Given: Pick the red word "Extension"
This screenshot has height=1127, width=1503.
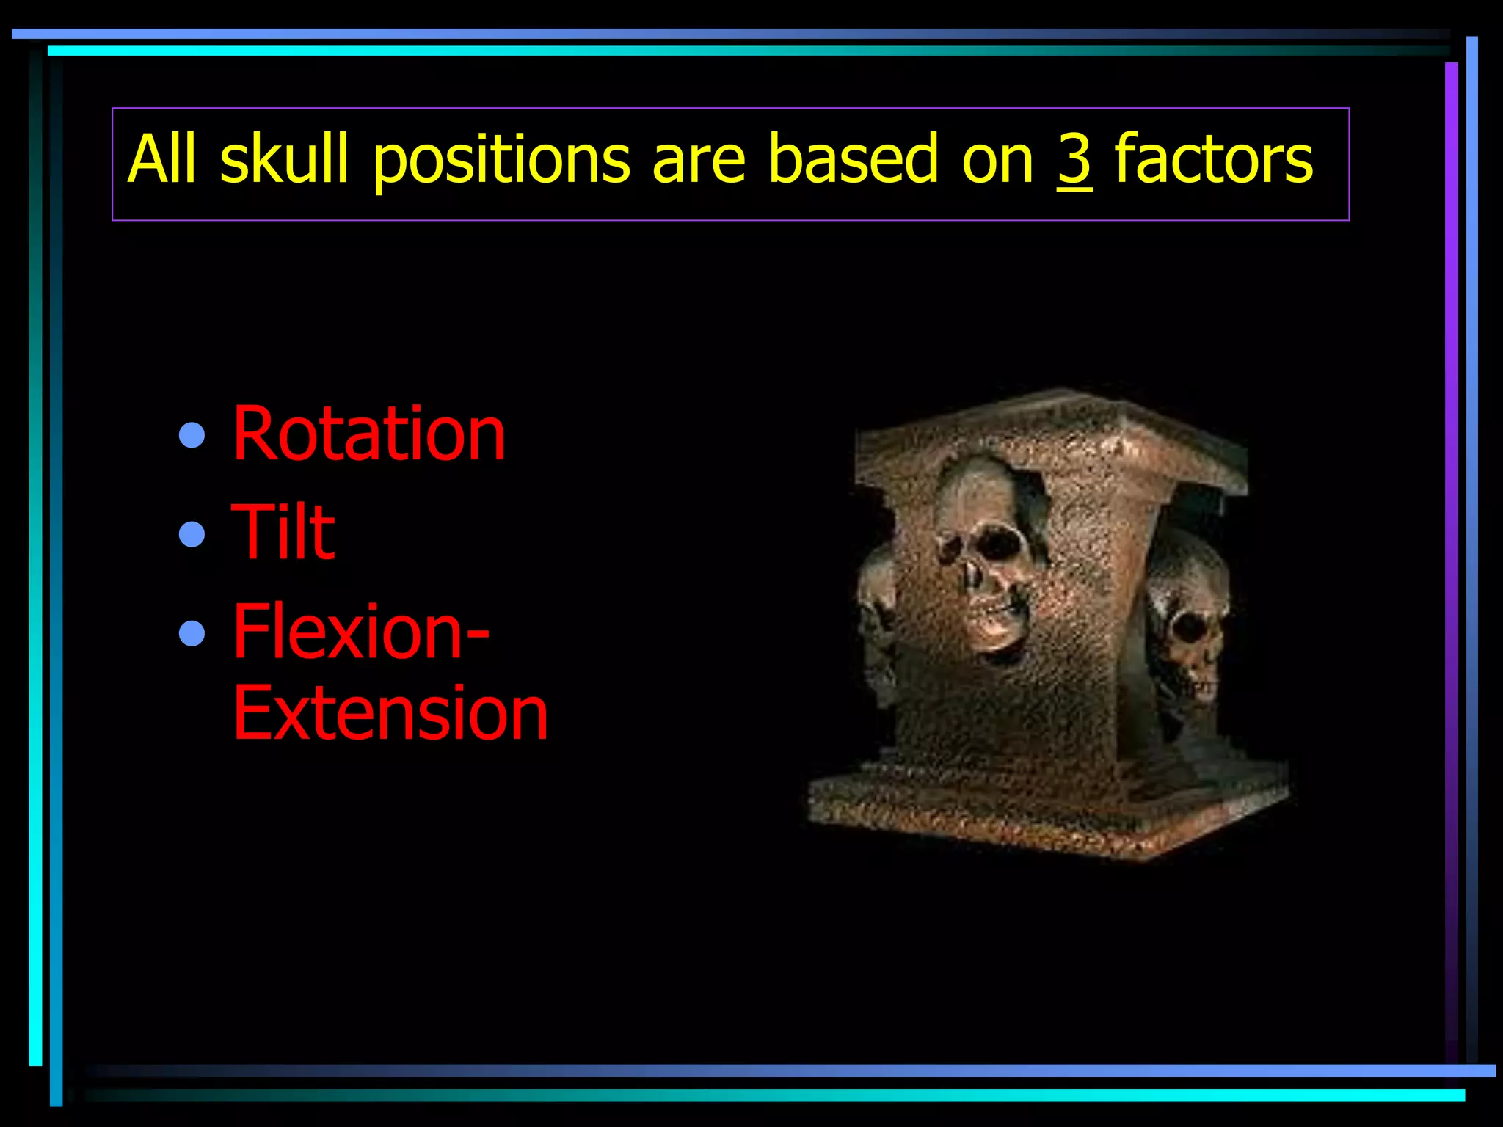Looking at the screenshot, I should [390, 713].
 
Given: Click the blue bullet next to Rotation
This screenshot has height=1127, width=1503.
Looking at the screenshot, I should [192, 435].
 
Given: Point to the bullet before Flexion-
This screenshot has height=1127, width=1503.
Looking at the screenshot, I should [192, 632].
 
